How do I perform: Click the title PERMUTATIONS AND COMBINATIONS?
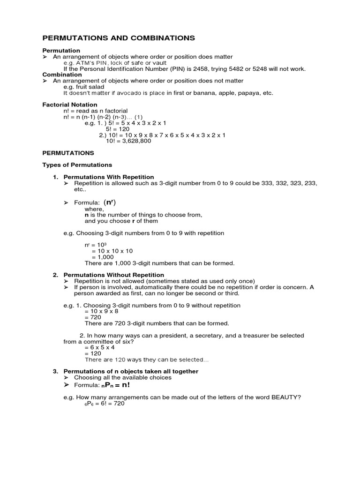119,38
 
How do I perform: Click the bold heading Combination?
62,75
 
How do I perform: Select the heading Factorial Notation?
70,105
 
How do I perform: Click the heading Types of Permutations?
77,165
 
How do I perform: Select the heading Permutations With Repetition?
108,177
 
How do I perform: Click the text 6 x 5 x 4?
102,348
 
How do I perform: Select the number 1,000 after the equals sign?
103,257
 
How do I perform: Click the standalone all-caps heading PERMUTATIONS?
68,153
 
